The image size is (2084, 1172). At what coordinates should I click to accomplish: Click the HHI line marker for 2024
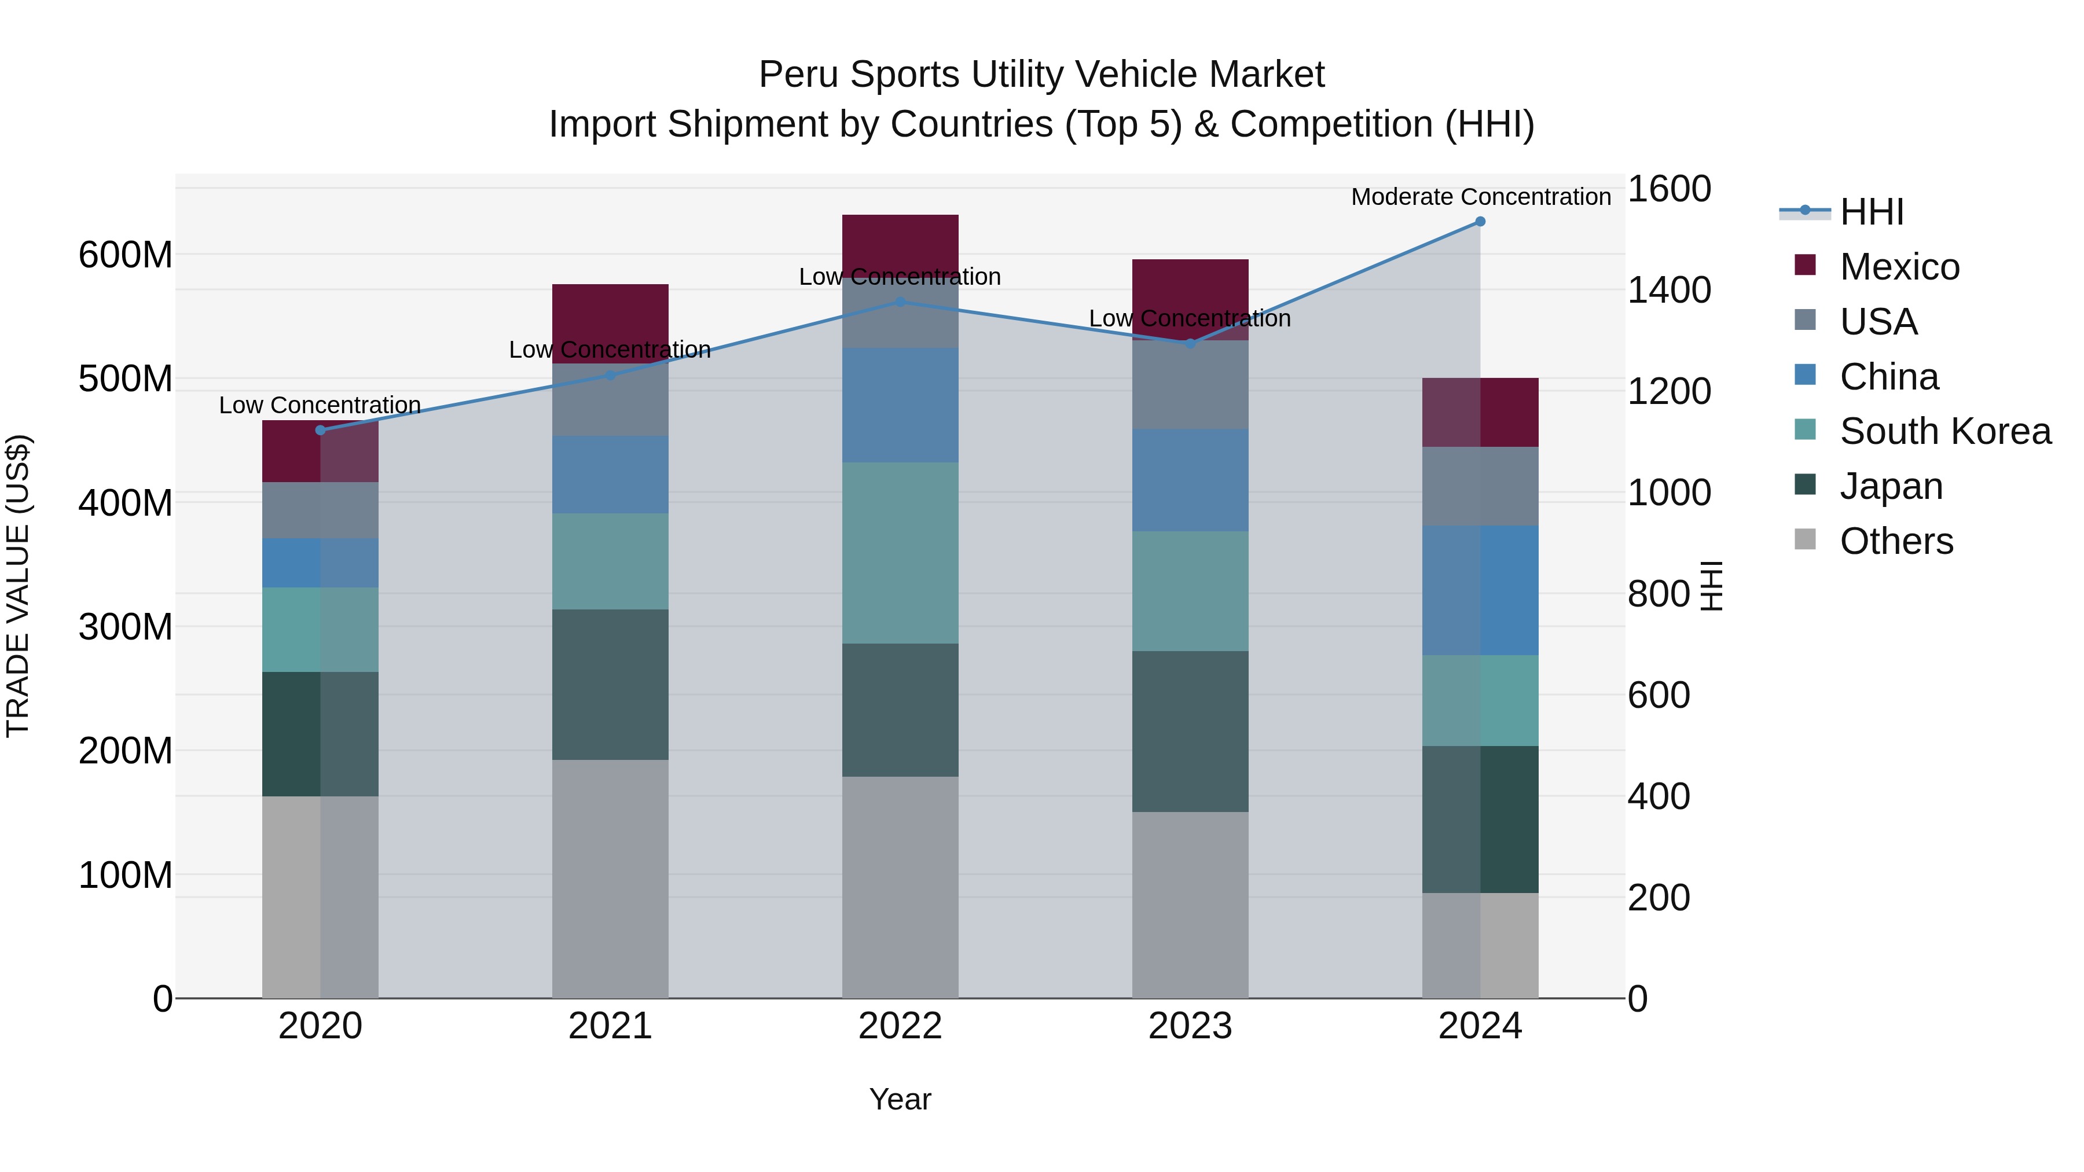click(x=1480, y=221)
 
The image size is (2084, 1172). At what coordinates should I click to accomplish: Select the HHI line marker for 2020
click(x=320, y=429)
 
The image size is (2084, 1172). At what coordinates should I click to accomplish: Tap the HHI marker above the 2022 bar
click(x=900, y=302)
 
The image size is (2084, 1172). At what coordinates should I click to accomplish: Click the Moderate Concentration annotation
click(x=1480, y=197)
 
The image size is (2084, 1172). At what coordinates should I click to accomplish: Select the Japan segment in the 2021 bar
click(x=610, y=684)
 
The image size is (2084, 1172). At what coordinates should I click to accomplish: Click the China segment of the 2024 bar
click(x=1480, y=590)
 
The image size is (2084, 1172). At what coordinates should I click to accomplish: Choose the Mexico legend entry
click(x=1899, y=266)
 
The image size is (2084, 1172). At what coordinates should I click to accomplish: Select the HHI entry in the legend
click(x=1870, y=212)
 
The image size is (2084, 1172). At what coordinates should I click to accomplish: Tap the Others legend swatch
click(x=1805, y=539)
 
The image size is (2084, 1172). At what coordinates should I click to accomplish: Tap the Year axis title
click(x=900, y=1099)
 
